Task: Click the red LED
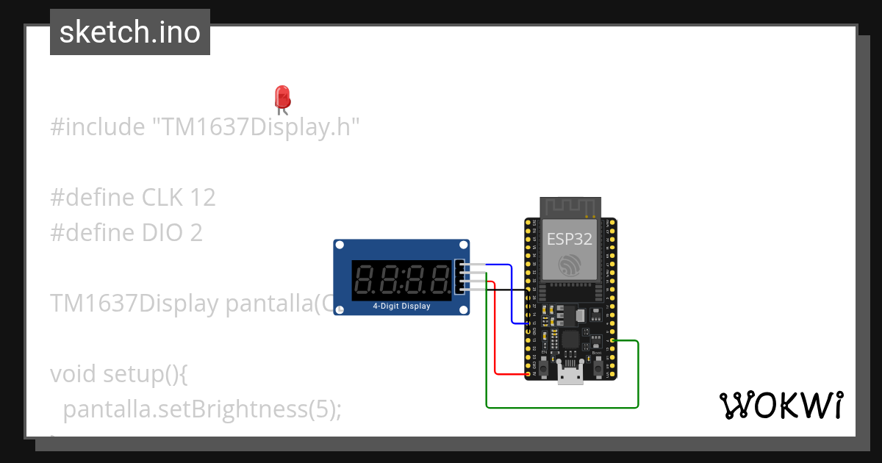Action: coord(282,98)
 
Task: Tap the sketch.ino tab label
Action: coord(130,32)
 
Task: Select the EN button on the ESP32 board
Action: coord(545,365)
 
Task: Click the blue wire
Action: coord(512,294)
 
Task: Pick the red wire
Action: coord(495,331)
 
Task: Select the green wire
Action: coord(562,406)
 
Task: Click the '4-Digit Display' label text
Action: coord(401,306)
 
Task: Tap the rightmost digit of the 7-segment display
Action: coord(440,280)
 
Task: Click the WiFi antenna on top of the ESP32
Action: coord(570,208)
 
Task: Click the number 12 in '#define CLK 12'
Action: coord(202,197)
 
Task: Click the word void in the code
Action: coord(73,374)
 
